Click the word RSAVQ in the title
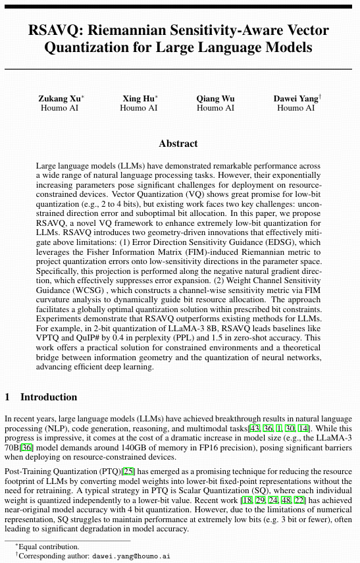pyautogui.click(x=55, y=30)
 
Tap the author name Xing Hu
pyautogui.click(x=137, y=99)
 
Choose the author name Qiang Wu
pyautogui.click(x=215, y=99)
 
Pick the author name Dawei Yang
pyautogui.click(x=295, y=99)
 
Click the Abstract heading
pyautogui.click(x=178, y=144)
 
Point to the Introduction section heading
pyautogui.click(x=49, y=397)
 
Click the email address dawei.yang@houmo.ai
pyautogui.click(x=131, y=556)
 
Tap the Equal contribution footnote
pyautogui.click(x=49, y=547)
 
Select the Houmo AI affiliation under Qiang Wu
pyautogui.click(x=215, y=108)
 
